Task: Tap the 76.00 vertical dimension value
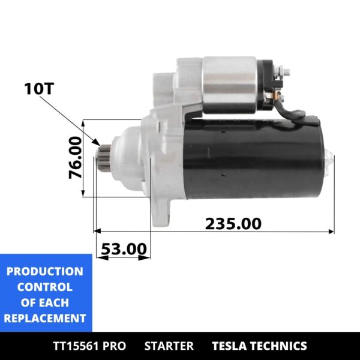75,158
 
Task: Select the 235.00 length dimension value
233,223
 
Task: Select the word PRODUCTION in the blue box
45,271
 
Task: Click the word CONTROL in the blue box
45,287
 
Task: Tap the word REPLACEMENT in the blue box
45,318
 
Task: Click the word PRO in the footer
114,346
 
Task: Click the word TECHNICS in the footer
280,346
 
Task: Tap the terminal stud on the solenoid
287,73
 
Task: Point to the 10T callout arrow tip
97,145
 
